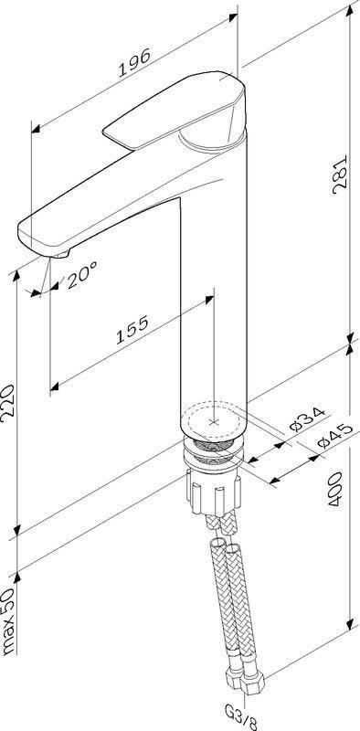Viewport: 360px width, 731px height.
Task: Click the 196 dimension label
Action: pos(134,62)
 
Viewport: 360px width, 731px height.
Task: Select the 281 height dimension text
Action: pos(341,175)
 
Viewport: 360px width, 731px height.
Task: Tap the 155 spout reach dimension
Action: pos(132,329)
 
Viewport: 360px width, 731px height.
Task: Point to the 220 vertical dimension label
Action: pos(9,403)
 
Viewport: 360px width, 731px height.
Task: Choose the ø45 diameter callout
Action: pos(334,435)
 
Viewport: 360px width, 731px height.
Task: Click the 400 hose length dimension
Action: pos(335,491)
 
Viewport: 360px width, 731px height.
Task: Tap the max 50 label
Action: pos(9,616)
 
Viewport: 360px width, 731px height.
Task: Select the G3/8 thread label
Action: pos(241,718)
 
